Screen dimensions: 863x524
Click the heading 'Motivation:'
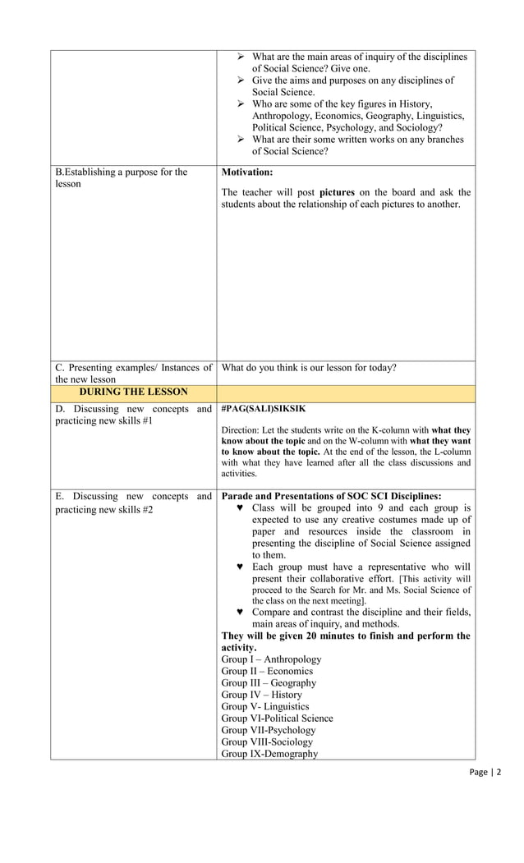click(247, 172)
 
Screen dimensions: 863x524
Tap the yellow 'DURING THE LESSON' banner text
click(133, 392)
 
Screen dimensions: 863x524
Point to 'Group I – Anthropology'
click(271, 659)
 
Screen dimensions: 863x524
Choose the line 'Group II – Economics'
click(267, 671)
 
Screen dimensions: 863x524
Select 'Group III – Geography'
click(269, 683)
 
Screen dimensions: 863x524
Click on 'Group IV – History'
click(261, 695)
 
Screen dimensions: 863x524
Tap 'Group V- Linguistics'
click(265, 706)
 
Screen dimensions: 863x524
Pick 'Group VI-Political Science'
click(277, 718)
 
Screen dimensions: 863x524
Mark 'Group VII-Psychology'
click(268, 730)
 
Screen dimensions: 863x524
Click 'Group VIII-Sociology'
click(267, 742)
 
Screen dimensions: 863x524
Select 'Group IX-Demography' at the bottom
click(269, 754)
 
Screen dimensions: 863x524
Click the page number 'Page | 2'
click(485, 772)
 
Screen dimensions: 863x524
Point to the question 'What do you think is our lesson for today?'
click(309, 368)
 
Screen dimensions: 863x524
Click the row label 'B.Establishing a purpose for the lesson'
click(121, 178)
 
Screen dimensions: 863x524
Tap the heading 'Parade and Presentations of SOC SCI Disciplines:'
click(331, 496)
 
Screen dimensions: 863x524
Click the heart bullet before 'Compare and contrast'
click(240, 613)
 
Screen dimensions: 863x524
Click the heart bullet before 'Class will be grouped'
click(240, 508)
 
